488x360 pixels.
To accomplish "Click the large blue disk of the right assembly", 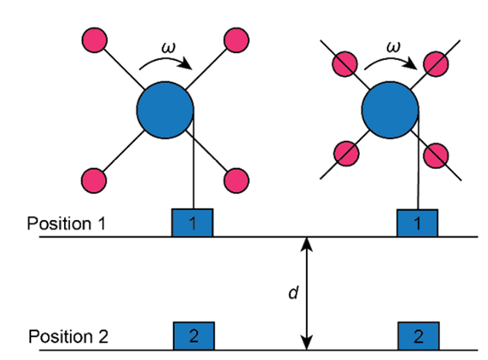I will [389, 111].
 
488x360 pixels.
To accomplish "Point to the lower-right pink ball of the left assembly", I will [234, 180].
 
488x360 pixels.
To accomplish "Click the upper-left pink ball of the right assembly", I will [346, 64].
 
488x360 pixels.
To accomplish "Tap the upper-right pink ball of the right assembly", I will [435, 64].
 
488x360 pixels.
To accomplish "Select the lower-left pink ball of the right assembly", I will [346, 154].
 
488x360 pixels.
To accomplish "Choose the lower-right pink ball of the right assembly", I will [435, 155].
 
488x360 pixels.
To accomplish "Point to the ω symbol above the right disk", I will [393, 47].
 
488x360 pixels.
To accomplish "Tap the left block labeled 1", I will [192, 222].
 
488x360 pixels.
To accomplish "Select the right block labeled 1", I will [416, 222].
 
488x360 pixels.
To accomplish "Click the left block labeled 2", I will [193, 335].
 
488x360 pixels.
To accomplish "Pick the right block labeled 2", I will [417, 335].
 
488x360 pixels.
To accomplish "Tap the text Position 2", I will [68, 336].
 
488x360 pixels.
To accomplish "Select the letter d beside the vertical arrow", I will [292, 293].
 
